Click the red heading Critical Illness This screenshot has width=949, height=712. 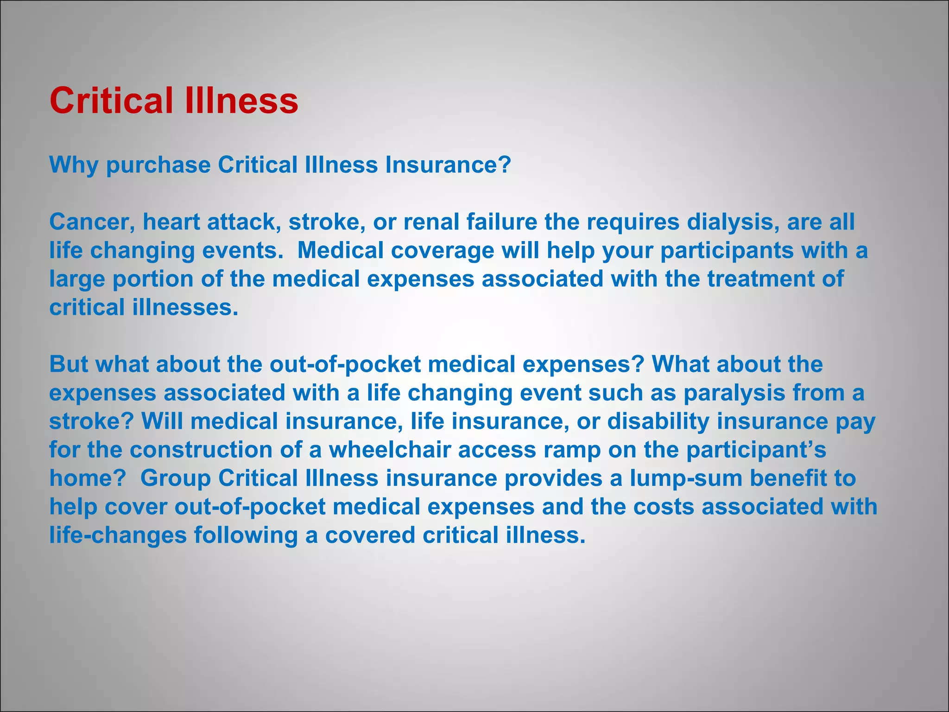click(x=174, y=101)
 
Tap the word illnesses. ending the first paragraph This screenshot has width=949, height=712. click(x=185, y=308)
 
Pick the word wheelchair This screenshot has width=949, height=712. click(x=390, y=450)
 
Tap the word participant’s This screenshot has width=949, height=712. click(x=756, y=450)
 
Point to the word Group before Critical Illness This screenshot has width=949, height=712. click(x=176, y=478)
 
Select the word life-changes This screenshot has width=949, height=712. click(x=118, y=535)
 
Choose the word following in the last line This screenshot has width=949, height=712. click(x=246, y=535)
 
